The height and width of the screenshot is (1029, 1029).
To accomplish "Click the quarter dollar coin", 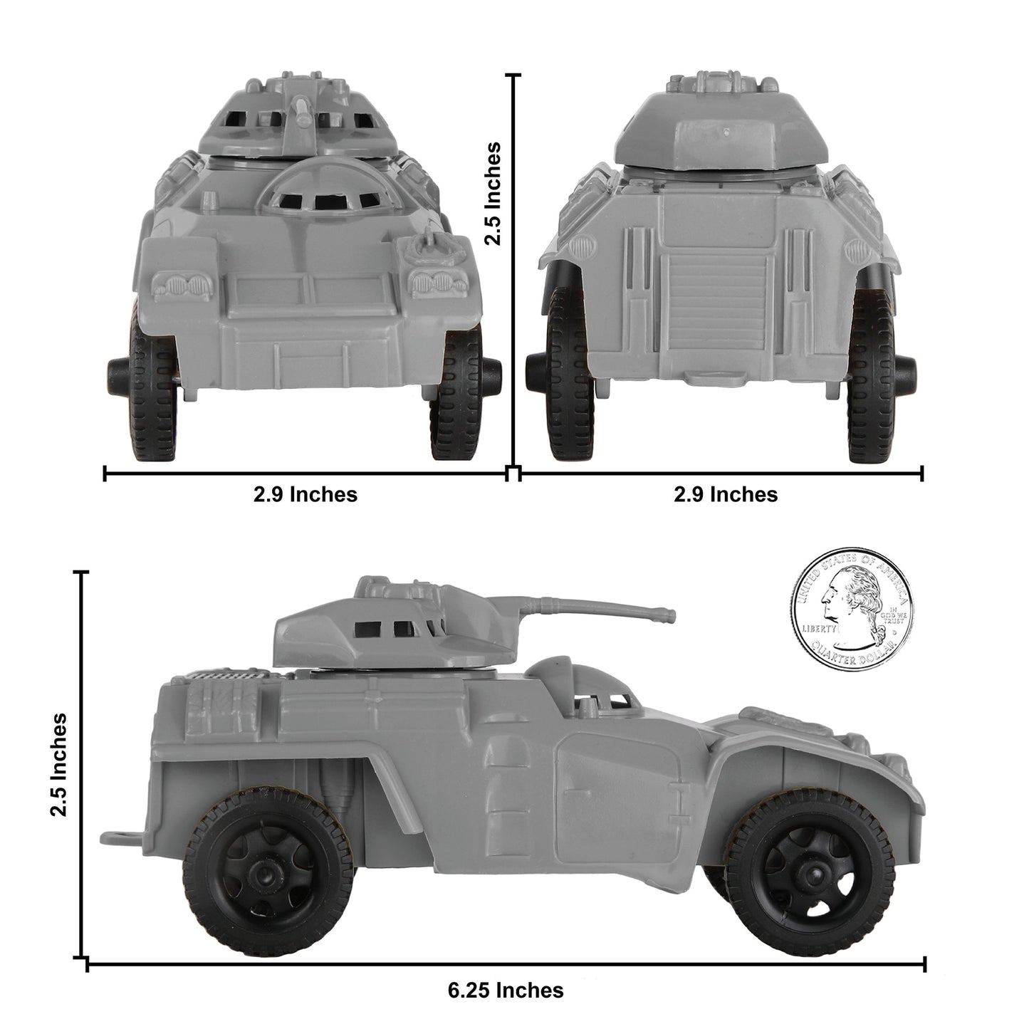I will pos(851,611).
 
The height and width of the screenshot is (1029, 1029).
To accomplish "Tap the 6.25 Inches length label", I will pos(506,990).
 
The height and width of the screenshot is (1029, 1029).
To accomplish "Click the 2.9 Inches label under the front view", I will pos(305,493).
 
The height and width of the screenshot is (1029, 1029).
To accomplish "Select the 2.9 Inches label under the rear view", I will pos(726,493).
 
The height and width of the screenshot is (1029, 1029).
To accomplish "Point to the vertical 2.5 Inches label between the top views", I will pos(492,193).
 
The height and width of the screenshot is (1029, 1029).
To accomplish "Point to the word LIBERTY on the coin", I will pos(820,629).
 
